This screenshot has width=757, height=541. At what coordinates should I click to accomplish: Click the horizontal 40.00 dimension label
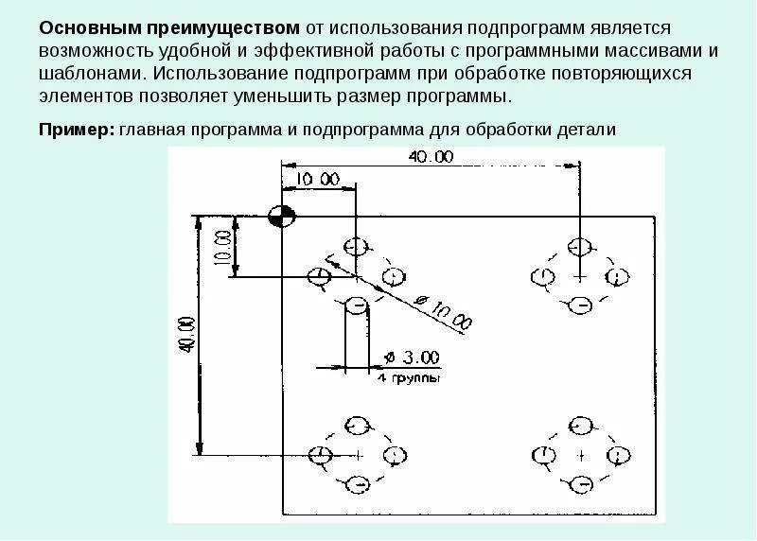point(431,156)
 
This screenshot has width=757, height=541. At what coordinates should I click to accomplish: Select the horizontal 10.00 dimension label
point(317,178)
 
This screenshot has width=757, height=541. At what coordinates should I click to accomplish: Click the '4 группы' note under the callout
point(410,377)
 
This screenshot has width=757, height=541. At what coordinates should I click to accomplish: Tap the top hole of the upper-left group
point(355,246)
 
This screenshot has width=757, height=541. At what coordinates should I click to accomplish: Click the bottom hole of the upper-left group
point(356,305)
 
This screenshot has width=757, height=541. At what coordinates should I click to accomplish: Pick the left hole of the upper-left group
point(320,276)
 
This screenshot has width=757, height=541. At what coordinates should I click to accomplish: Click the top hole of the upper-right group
point(579,247)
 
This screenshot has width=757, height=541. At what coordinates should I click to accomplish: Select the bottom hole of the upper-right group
point(580,305)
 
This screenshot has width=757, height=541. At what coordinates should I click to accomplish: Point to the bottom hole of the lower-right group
point(580,484)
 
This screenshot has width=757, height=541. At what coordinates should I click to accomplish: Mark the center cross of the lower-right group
point(580,455)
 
